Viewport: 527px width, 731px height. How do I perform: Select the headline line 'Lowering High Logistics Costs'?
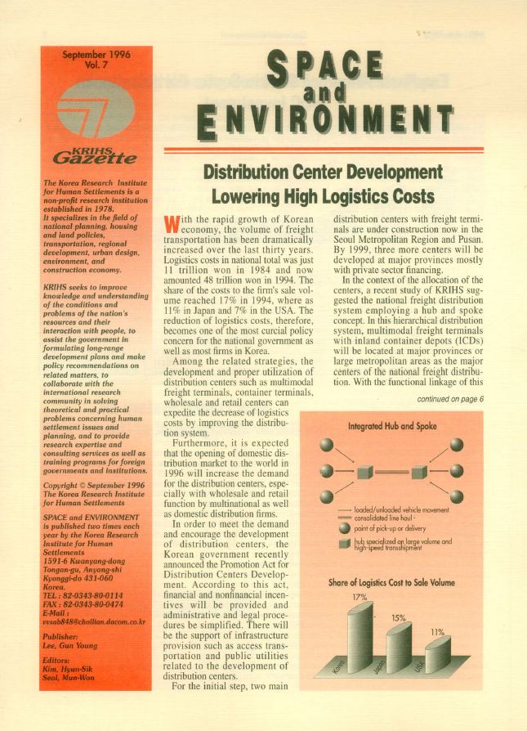coord(324,196)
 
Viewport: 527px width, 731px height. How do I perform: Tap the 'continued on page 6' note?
coord(450,399)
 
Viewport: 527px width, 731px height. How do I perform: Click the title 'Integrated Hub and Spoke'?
coord(392,427)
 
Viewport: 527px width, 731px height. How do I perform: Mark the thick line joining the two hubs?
coord(391,472)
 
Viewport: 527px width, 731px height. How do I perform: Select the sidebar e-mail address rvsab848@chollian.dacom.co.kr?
coord(93,622)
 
